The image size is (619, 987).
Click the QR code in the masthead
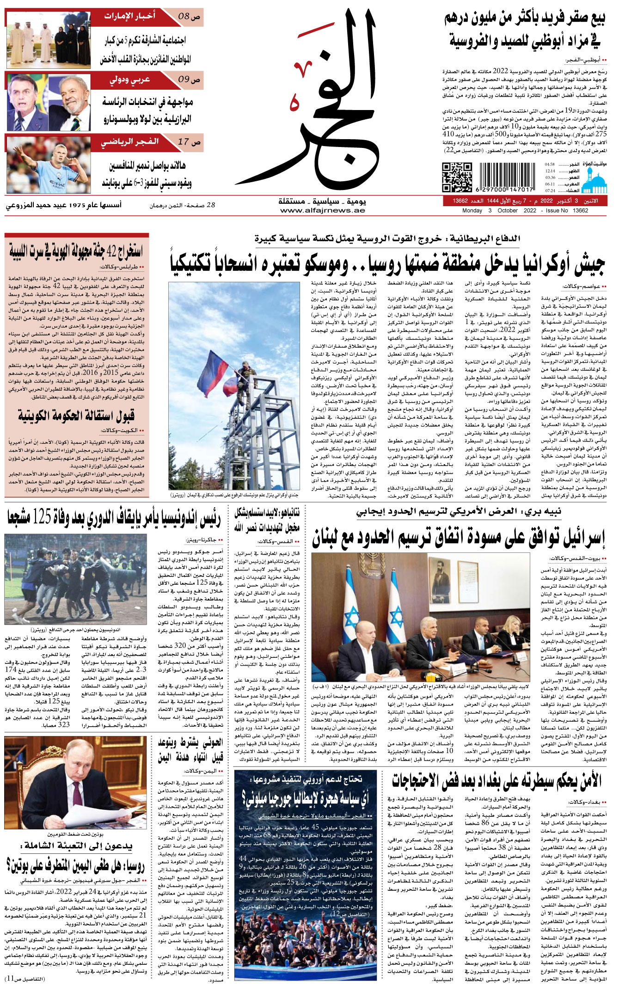[x=456, y=177]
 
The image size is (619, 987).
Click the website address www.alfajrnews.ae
[x=322, y=210]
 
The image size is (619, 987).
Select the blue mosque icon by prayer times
[x=594, y=180]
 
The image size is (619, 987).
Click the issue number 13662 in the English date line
[x=580, y=211]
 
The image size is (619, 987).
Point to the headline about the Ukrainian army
[x=387, y=264]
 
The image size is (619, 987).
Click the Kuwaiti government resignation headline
[x=76, y=416]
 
